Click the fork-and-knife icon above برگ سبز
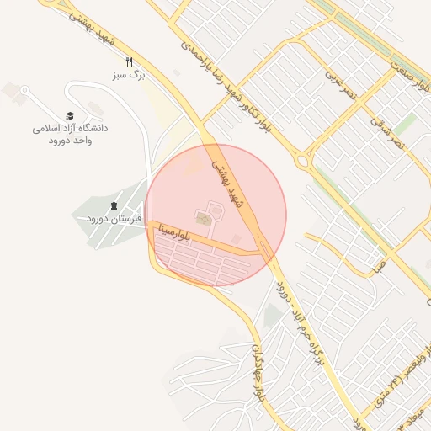[129, 61]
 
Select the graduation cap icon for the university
[70, 116]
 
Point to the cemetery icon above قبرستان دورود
[114, 206]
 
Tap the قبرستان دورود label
[114, 219]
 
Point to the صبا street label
[380, 269]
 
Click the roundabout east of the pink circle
[303, 160]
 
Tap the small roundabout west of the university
[24, 90]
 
